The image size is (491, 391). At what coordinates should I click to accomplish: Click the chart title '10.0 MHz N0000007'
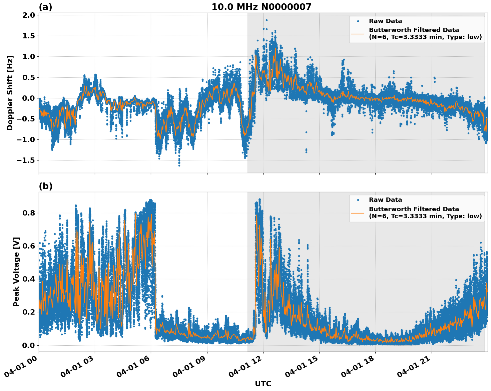(x=261, y=7)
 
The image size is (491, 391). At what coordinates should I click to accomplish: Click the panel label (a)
(x=45, y=7)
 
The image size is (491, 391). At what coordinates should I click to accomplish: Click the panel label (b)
(x=45, y=186)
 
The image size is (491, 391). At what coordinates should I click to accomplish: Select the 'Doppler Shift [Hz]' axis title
(x=10, y=93)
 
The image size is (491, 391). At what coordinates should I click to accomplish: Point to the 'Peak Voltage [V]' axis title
(x=16, y=272)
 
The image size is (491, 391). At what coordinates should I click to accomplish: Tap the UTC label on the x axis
(x=263, y=384)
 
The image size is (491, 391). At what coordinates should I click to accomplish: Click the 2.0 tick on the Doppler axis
(x=29, y=15)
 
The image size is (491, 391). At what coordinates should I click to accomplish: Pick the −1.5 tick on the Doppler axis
(x=26, y=160)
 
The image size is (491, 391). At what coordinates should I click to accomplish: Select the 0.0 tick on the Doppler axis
(x=29, y=98)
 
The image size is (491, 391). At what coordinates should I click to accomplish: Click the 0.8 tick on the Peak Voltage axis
(x=29, y=213)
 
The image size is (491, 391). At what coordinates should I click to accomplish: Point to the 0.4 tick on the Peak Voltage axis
(x=29, y=279)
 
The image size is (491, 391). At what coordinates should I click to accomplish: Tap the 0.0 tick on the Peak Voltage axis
(x=29, y=345)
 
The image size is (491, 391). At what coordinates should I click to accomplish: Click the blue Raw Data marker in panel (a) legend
(x=358, y=21)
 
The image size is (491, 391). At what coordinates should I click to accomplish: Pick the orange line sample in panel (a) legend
(x=358, y=34)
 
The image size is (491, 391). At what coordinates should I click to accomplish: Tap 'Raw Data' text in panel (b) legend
(x=385, y=200)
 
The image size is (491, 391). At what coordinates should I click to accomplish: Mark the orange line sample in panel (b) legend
(x=358, y=213)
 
